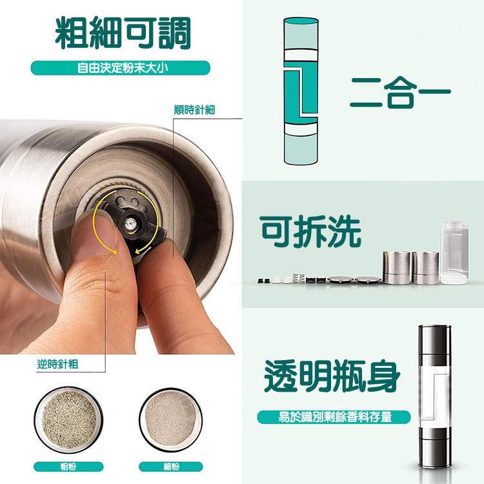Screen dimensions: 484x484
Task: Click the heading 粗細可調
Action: [123, 34]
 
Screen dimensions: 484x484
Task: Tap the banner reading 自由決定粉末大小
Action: [121, 68]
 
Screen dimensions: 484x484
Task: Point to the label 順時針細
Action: [194, 110]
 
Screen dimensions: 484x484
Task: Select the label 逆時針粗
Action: [57, 364]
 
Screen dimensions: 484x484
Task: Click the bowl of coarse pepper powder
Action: [68, 420]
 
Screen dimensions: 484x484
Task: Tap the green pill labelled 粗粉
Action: [68, 467]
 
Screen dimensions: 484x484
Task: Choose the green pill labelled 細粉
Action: [171, 467]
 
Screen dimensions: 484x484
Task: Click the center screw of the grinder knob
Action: [130, 223]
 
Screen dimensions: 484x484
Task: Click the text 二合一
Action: [400, 92]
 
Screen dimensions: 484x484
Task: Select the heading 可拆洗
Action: [310, 232]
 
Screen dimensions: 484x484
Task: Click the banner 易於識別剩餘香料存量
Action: [334, 417]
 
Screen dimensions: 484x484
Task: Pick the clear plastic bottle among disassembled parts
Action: [454, 252]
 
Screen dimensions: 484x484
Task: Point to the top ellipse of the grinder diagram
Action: [301, 21]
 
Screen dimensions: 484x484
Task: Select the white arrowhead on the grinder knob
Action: [148, 248]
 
